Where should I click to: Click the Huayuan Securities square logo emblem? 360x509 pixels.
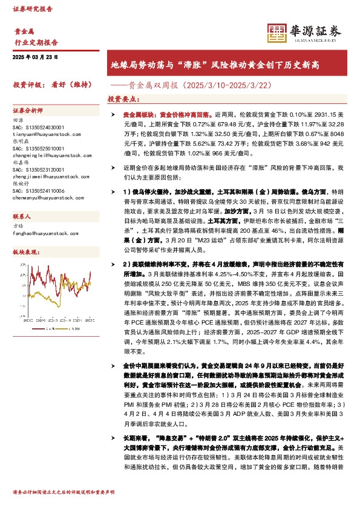coord(277,32)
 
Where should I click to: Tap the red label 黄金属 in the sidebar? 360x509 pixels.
coord(25,31)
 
